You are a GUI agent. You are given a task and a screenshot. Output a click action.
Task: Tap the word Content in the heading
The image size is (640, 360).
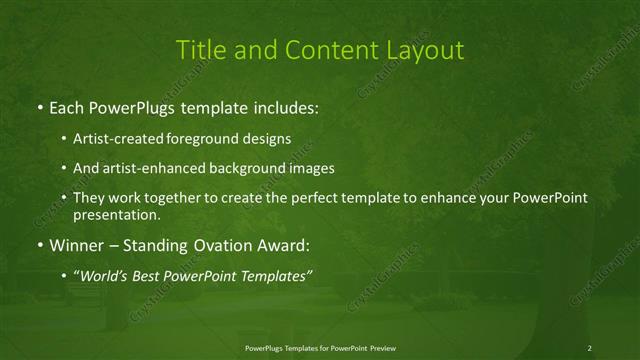(x=325, y=49)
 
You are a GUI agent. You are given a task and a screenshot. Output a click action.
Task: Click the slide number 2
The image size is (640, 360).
(x=590, y=347)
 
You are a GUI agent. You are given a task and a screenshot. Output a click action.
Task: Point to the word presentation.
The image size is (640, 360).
(x=116, y=214)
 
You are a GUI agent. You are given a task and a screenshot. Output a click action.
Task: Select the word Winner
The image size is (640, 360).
(x=77, y=243)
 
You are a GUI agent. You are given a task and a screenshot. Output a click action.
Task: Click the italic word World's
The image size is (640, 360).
(x=103, y=274)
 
